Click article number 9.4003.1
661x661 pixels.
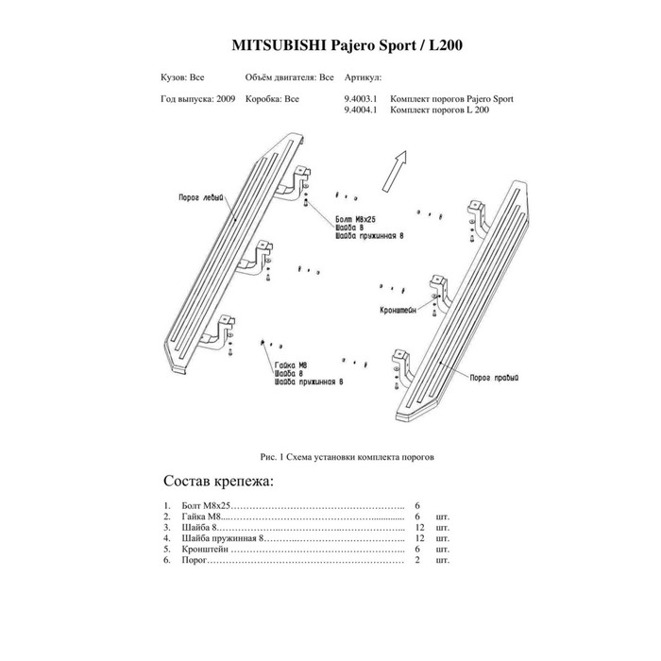(362, 98)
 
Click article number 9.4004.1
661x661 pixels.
(362, 109)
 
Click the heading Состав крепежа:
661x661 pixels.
(218, 483)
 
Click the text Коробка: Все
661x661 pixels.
(272, 98)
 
